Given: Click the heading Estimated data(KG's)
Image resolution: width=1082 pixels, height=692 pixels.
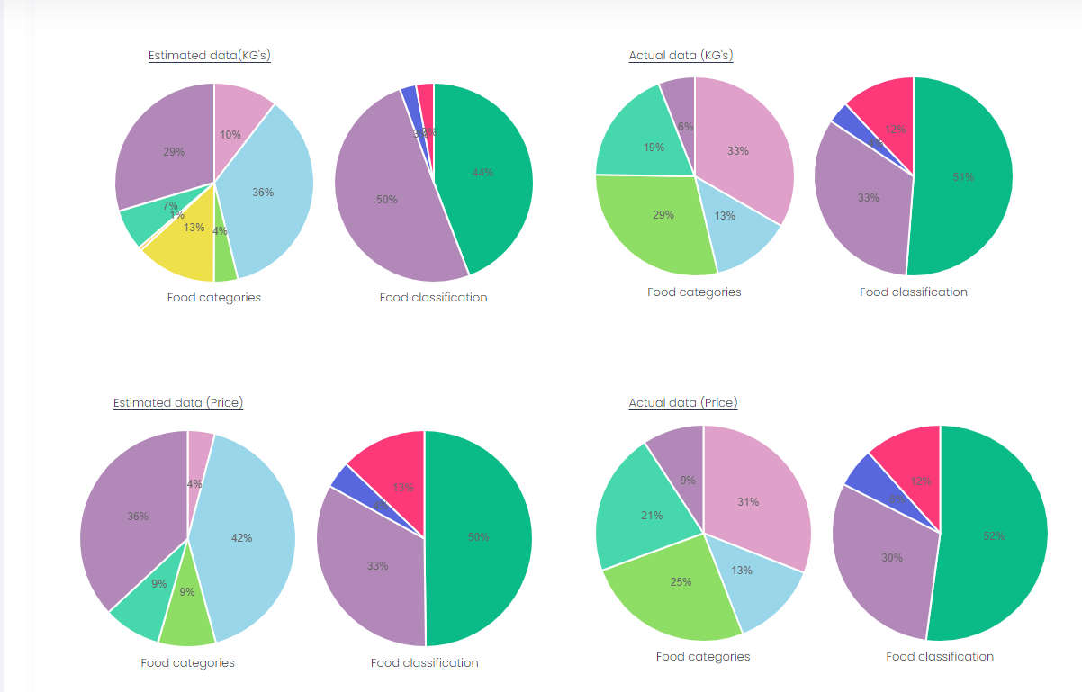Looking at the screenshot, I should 210,56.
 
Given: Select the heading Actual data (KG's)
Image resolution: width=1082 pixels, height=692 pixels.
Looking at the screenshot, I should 681,56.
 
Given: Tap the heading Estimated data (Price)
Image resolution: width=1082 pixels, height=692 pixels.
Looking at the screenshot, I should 178,403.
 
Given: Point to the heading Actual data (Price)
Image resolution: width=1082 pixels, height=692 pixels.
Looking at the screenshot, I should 683,403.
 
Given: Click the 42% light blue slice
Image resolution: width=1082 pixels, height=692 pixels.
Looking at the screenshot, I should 248,540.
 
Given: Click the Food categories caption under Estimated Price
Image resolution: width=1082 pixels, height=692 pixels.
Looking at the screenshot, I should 187,663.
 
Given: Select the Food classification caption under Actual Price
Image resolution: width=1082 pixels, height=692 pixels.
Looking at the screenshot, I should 940,657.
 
